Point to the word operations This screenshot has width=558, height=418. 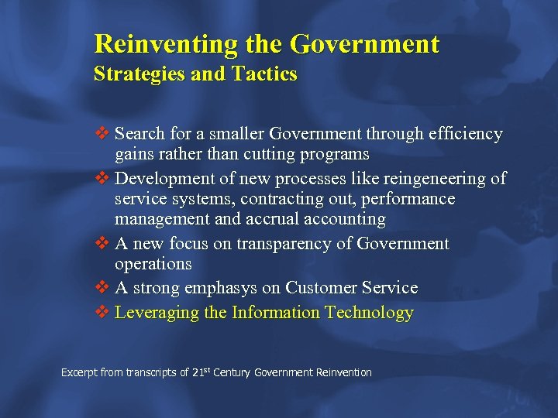153,264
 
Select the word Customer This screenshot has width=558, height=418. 322,289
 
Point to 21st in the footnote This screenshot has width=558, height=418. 201,372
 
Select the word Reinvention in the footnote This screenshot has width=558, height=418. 343,373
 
